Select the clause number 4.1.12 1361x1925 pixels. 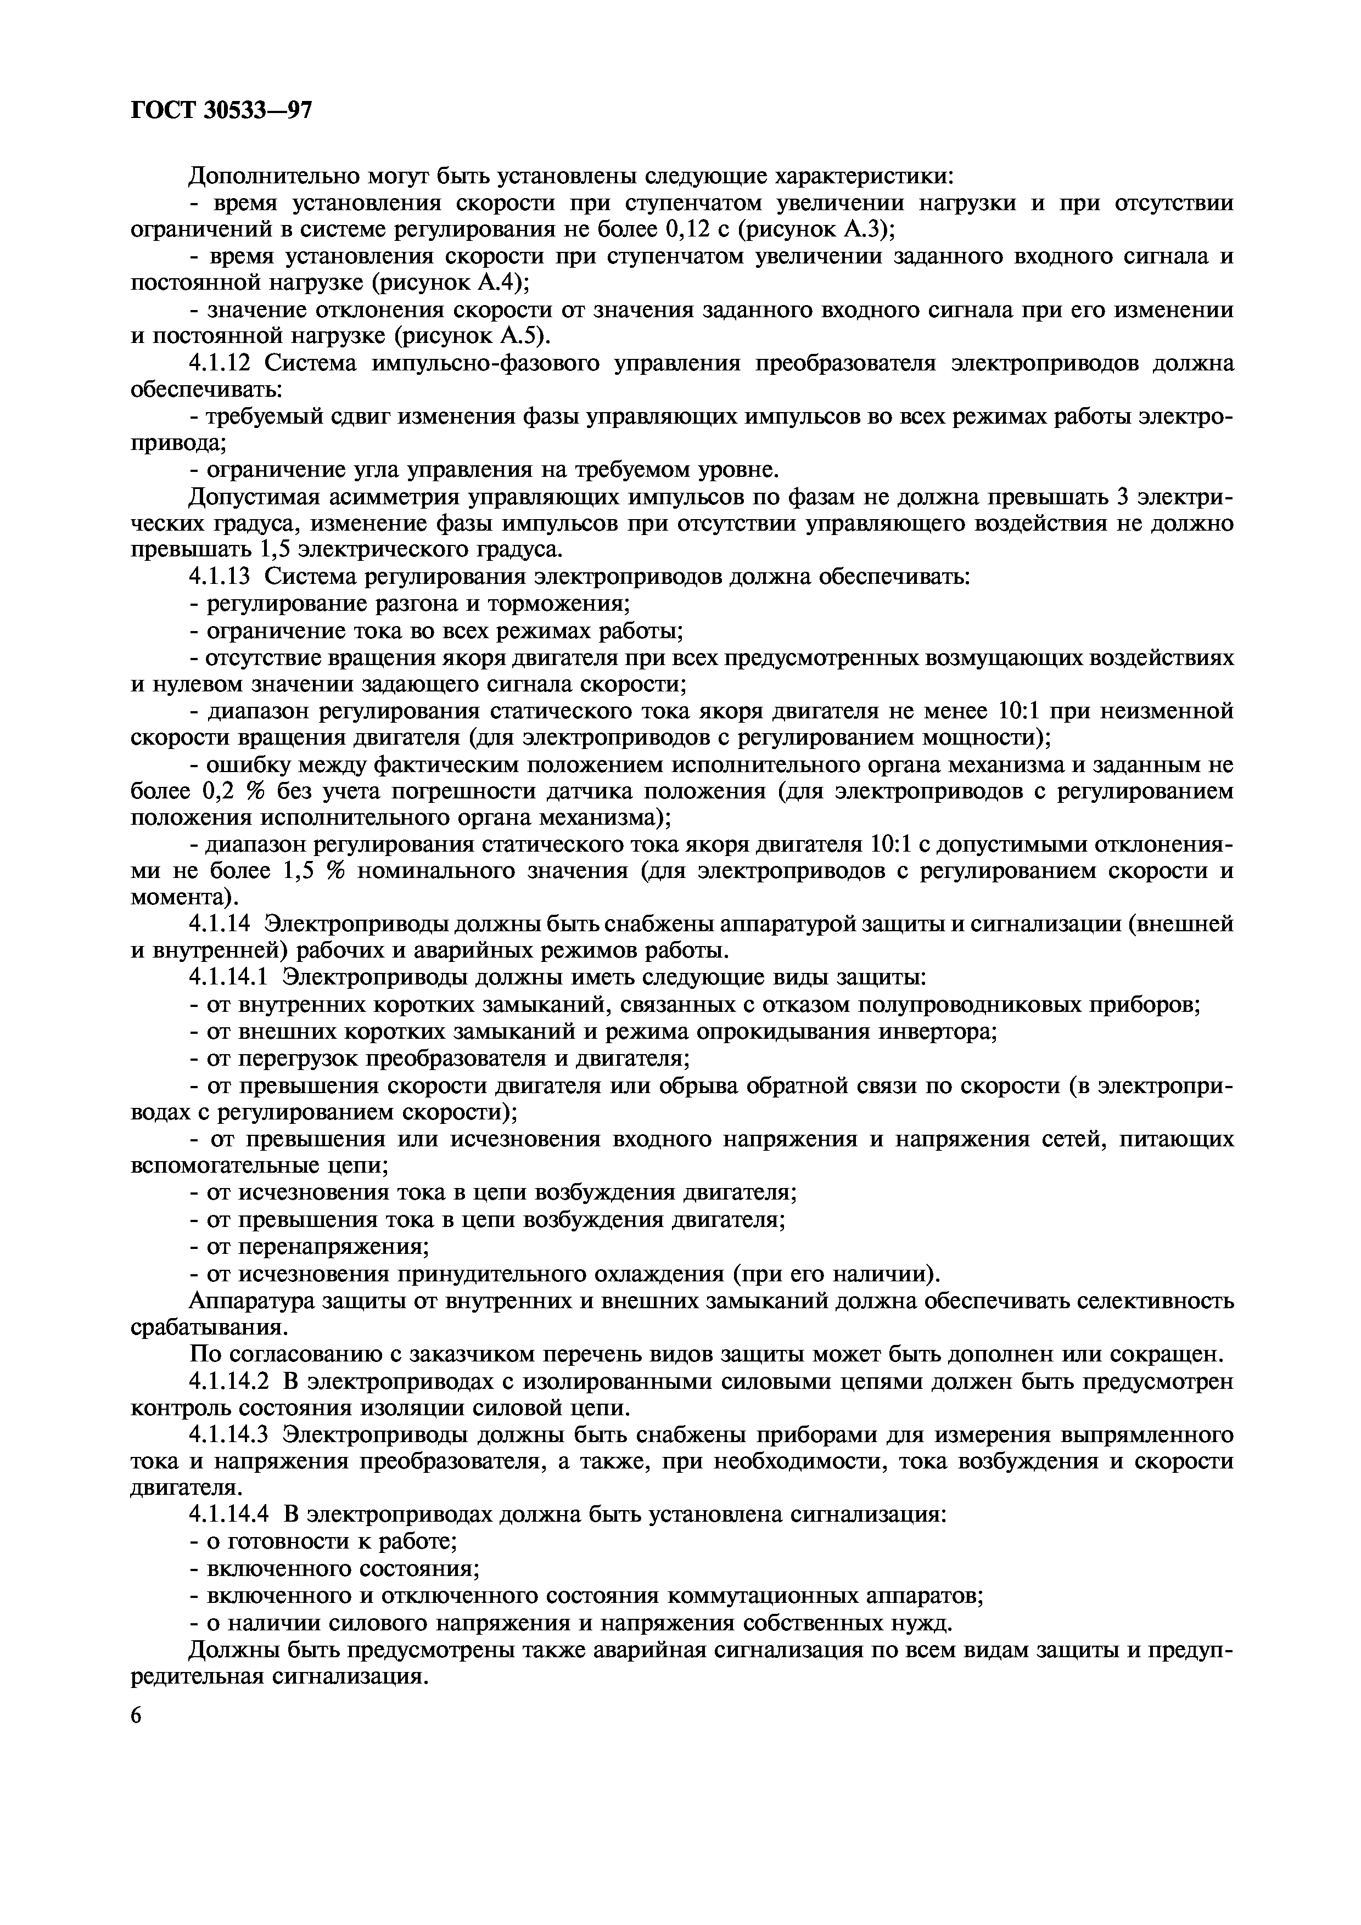pyautogui.click(x=222, y=363)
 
